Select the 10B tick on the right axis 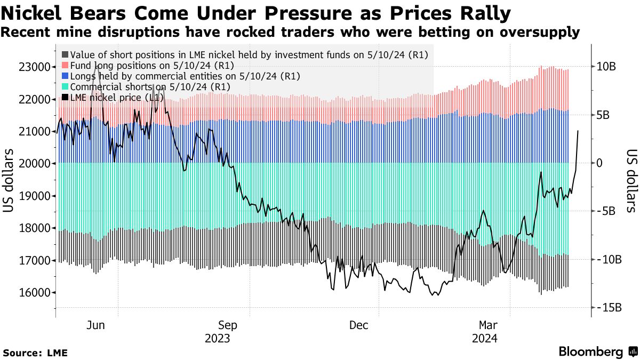pos(606,67)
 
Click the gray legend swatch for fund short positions pos(65,55)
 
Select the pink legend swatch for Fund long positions pos(65,66)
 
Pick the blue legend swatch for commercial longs pos(65,76)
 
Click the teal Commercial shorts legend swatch pos(65,87)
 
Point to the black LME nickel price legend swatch pos(65,98)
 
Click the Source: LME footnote pos(35,353)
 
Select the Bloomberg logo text pos(591,352)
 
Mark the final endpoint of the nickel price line pos(579,131)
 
